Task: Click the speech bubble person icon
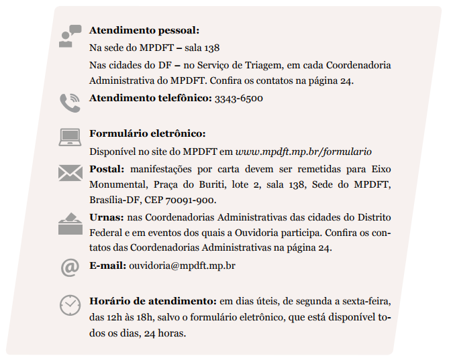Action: tap(69, 36)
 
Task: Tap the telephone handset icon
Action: tap(69, 103)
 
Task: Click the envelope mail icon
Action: tap(69, 173)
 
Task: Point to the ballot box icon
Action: tap(69, 223)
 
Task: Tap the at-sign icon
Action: tap(69, 267)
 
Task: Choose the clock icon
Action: tap(69, 305)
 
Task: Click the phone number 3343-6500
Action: tap(238, 98)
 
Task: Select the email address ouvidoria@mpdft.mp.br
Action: tap(182, 265)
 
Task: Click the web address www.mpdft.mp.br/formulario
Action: tap(303, 152)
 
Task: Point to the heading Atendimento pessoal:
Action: tap(144, 31)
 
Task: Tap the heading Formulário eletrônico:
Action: tap(147, 133)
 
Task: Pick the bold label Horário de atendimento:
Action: tap(152, 301)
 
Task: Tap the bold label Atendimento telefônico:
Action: tap(150, 98)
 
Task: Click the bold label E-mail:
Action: tap(107, 265)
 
